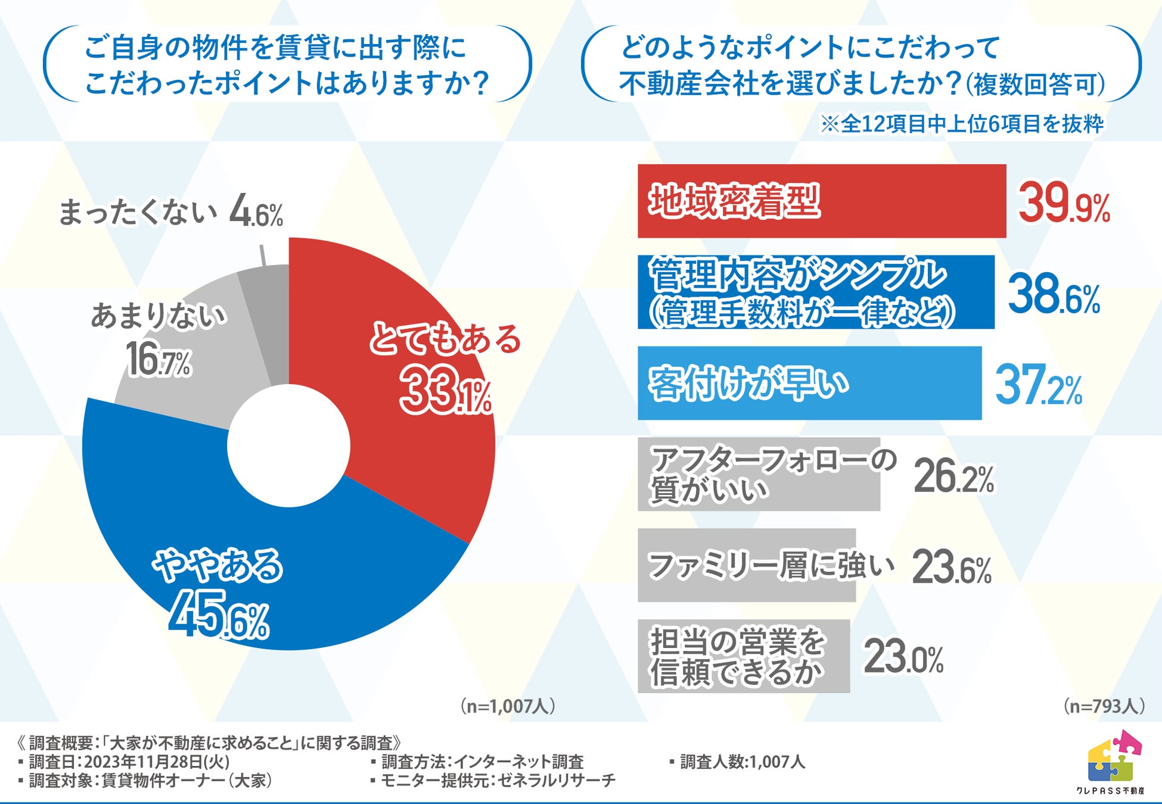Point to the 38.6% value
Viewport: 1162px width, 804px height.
[x=1054, y=294]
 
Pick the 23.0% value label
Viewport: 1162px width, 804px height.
[x=903, y=657]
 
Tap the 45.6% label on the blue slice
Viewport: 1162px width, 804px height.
[x=218, y=614]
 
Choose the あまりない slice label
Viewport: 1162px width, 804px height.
[x=159, y=316]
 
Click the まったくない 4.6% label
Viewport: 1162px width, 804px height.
[x=170, y=213]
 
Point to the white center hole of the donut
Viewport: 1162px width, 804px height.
[x=288, y=445]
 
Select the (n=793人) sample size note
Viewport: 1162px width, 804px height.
[x=1103, y=706]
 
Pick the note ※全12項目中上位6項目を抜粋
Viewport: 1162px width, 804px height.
[x=962, y=124]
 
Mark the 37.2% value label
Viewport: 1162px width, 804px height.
[x=1038, y=386]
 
